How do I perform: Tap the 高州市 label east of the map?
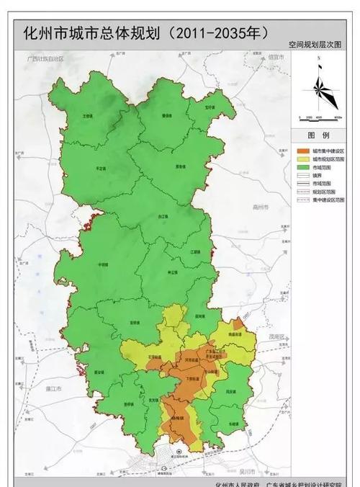(x=260, y=207)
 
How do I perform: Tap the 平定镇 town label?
(x=91, y=168)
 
